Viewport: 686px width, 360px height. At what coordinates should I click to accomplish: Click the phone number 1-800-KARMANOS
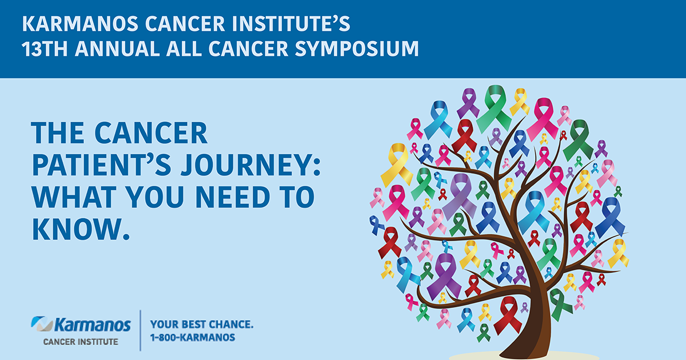coord(192,338)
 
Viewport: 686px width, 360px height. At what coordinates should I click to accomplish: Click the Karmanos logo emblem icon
coord(41,325)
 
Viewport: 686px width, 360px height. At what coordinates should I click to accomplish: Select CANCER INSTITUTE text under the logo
coord(81,342)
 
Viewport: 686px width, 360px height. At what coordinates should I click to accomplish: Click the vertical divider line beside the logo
coord(141,330)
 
